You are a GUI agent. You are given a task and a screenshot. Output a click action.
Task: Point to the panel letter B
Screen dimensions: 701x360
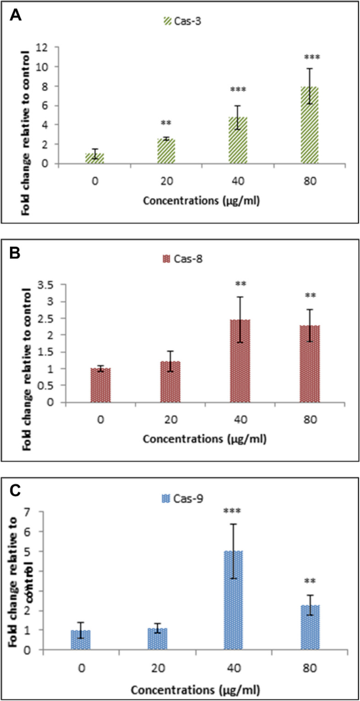click(x=16, y=255)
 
